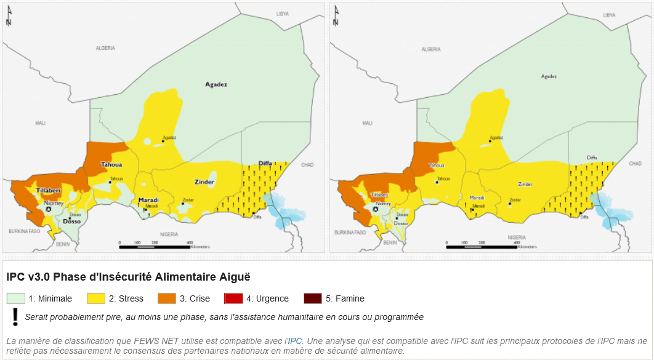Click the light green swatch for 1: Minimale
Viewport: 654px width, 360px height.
[16, 298]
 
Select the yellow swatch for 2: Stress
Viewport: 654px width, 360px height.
[96, 298]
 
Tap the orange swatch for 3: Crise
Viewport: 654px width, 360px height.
[167, 298]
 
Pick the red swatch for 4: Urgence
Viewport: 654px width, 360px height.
[233, 298]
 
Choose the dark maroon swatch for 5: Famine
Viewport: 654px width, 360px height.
[312, 298]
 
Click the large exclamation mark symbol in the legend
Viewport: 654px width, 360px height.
[15, 316]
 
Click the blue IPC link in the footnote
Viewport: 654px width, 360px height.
[295, 340]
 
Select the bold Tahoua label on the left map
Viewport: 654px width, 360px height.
[111, 164]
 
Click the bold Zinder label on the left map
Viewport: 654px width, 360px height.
[204, 182]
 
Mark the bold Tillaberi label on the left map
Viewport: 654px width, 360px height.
[47, 191]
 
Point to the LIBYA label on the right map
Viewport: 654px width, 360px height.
[609, 14]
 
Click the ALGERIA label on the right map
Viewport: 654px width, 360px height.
[431, 48]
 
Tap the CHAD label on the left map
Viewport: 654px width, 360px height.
[307, 164]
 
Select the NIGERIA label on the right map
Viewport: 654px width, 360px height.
[516, 236]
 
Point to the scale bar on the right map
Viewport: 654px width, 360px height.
[482, 246]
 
